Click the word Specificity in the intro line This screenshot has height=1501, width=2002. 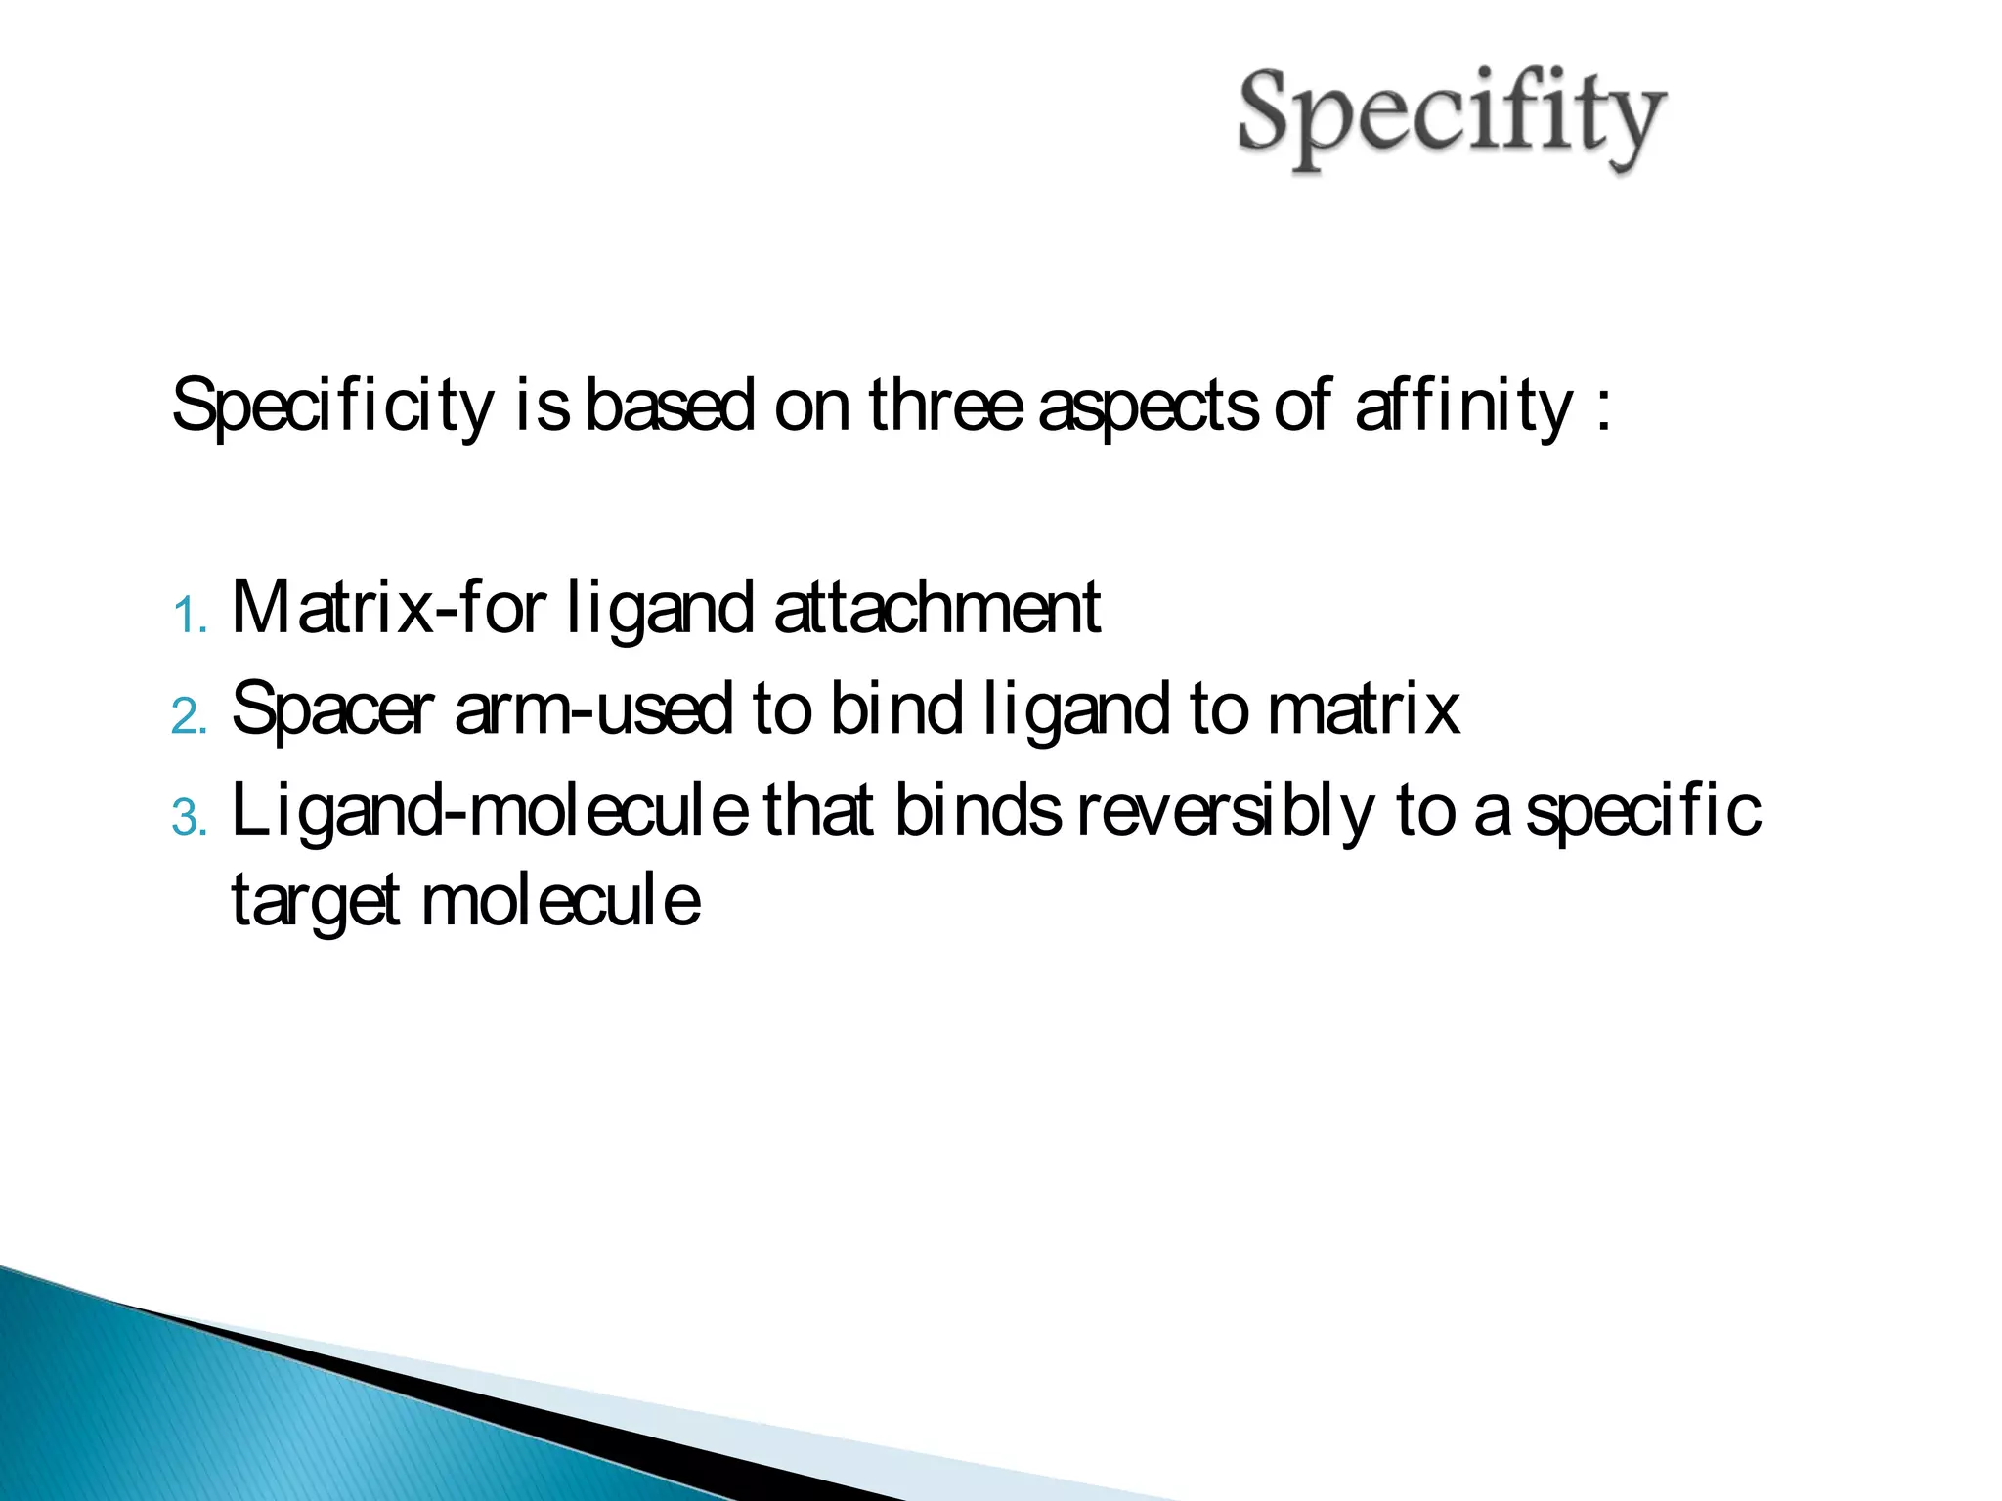(x=333, y=406)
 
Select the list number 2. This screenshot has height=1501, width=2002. (x=189, y=718)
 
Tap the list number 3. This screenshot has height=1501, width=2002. (x=189, y=819)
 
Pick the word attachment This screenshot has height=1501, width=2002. (x=937, y=608)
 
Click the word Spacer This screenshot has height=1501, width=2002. (x=333, y=708)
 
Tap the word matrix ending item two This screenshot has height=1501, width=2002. (x=1364, y=708)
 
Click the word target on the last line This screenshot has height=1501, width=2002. (x=316, y=901)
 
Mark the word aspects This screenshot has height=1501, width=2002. (x=1148, y=406)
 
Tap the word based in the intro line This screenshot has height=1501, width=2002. (x=670, y=406)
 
